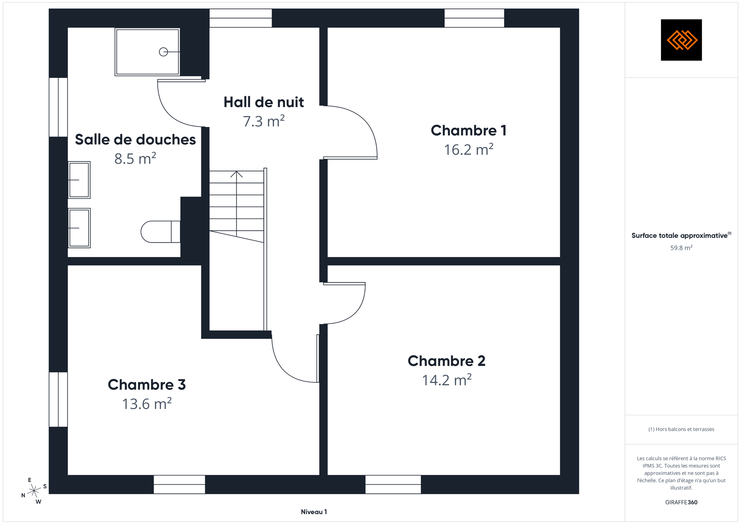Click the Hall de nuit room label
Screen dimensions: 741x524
tap(263, 102)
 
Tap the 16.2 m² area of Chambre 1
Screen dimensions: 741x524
tap(468, 150)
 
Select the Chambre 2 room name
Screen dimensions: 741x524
tap(446, 361)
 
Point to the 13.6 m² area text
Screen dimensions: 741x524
tap(147, 404)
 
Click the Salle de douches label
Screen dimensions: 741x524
tap(135, 140)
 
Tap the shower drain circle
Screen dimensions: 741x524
tap(163, 52)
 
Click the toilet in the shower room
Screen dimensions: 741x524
tap(161, 231)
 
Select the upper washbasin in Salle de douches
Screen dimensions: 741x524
tap(79, 180)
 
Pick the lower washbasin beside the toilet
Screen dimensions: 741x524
tap(79, 228)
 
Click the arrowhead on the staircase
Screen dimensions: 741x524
tap(236, 174)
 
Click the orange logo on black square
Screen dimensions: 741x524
tap(681, 40)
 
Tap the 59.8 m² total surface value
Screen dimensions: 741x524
tap(681, 248)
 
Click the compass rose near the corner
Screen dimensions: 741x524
tap(34, 491)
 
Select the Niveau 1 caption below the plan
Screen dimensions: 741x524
tap(314, 512)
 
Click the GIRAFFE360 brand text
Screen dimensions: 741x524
tap(681, 503)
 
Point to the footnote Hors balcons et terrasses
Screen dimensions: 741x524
tap(681, 429)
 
